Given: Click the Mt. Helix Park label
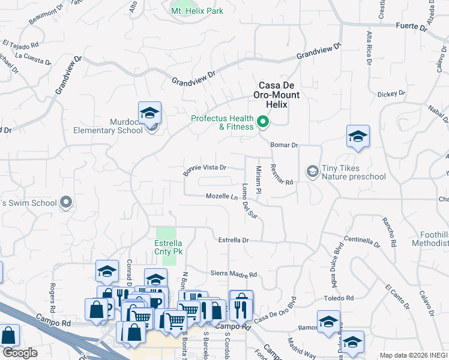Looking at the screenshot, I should (197, 11).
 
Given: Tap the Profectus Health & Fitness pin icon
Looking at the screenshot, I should (263, 122).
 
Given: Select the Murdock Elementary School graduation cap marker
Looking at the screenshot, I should (149, 113).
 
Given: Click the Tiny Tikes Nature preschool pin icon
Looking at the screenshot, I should (312, 172).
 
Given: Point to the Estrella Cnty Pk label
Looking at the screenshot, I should (169, 248).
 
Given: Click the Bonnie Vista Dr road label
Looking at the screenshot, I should (205, 170).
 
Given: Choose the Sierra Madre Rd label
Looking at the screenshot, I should (234, 274).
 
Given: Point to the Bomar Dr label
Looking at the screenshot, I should (284, 145).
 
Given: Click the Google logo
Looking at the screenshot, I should (20, 353).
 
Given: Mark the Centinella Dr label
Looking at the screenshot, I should (363, 241).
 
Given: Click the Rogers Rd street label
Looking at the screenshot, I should (53, 293).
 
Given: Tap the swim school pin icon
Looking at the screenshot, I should (67, 203).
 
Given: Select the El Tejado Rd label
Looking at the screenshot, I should (20, 44).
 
